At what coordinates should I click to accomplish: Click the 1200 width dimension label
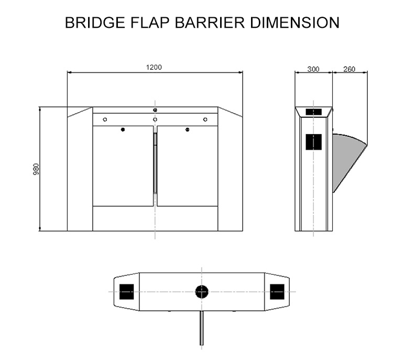(x=154, y=67)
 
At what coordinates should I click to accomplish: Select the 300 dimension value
(x=313, y=69)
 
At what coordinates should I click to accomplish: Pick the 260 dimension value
(x=349, y=69)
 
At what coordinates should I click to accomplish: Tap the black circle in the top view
(x=202, y=291)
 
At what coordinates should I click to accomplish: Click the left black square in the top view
(x=127, y=291)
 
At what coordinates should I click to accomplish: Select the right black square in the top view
(x=277, y=291)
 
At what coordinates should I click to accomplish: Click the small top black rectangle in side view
(x=313, y=112)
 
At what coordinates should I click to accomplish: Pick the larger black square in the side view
(x=313, y=141)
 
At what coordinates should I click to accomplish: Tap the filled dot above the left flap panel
(x=123, y=129)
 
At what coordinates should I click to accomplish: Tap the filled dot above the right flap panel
(x=187, y=129)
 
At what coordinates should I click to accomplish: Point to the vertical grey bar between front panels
(x=155, y=162)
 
